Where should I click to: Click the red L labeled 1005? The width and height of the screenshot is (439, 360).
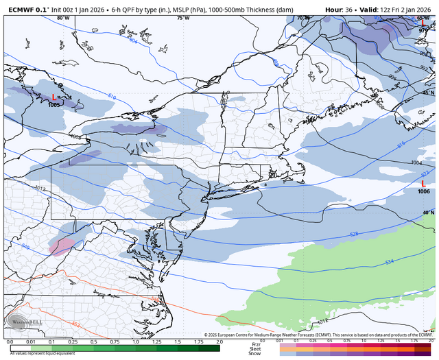(x=54, y=98)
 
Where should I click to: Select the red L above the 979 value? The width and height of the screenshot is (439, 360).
(x=423, y=23)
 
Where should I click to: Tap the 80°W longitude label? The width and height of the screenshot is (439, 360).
(x=63, y=18)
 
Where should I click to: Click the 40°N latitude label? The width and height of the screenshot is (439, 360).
(x=428, y=213)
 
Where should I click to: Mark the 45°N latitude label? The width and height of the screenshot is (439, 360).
(x=428, y=92)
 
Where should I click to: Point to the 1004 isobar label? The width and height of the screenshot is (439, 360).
(x=416, y=163)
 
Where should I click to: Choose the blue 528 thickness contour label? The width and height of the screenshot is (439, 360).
(x=354, y=235)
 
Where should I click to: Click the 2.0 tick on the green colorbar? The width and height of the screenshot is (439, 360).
(x=219, y=341)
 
